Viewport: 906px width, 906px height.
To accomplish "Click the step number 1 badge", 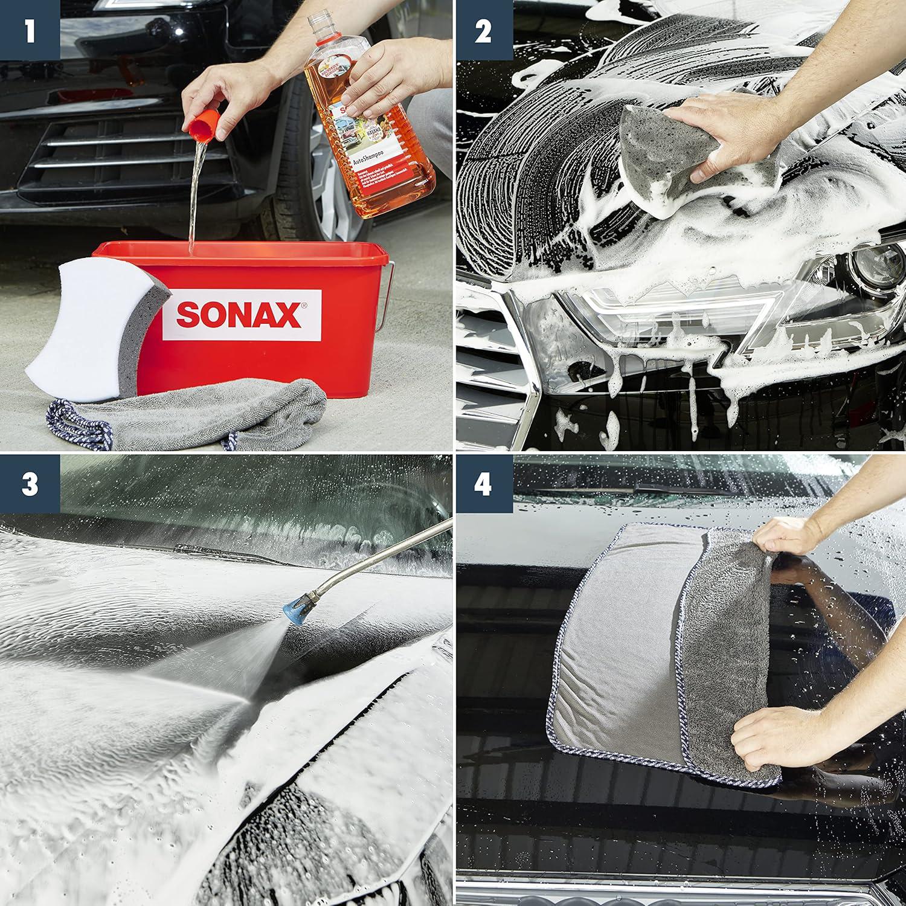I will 30,30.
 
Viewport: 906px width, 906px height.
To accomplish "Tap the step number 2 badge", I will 483,30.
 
